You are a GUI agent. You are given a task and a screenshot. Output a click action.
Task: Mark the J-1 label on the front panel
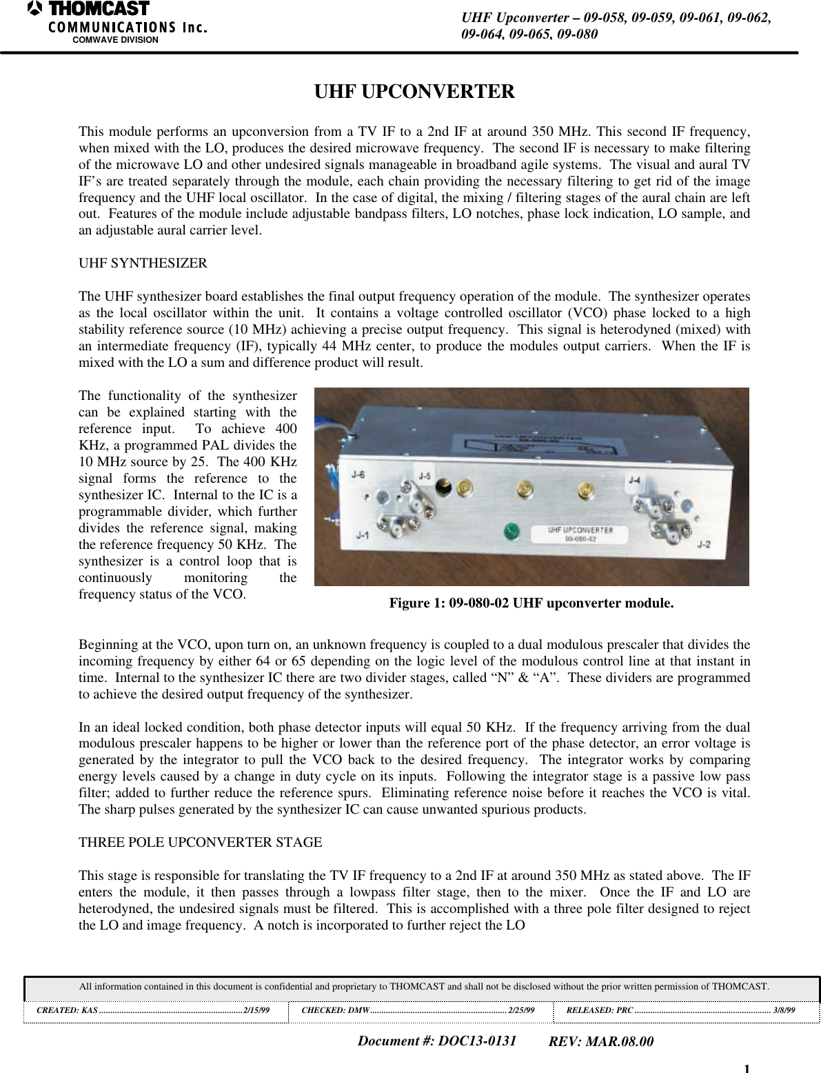pyautogui.click(x=361, y=535)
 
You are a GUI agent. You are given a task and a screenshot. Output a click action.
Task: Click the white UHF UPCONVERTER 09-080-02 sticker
pyautogui.click(x=580, y=534)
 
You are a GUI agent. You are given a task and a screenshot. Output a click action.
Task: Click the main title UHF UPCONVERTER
pyautogui.click(x=414, y=92)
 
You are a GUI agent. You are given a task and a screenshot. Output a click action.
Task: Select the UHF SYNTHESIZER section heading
pyautogui.click(x=143, y=263)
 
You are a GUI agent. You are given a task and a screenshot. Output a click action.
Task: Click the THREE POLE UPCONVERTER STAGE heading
pyautogui.click(x=201, y=843)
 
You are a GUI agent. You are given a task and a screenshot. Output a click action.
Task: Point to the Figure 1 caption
pyautogui.click(x=531, y=604)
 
